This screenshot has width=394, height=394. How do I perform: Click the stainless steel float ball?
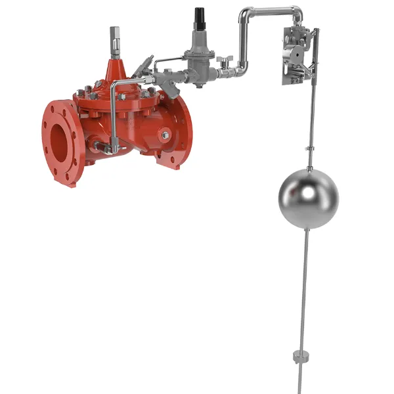coord(308,198)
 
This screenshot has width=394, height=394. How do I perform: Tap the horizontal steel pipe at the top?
coord(269,11)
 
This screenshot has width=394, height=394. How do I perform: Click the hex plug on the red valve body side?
coord(165,135)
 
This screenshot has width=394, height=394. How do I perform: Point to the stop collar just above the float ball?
coord(309,152)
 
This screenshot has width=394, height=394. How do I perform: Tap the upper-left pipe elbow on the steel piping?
coord(246,16)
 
